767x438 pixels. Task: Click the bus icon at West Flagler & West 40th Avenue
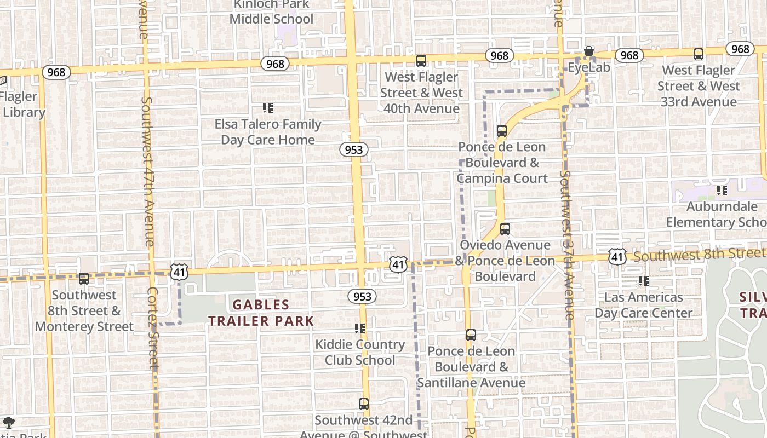coord(421,61)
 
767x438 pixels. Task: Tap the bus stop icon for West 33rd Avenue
coord(698,54)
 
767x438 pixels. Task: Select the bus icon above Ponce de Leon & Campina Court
coord(501,131)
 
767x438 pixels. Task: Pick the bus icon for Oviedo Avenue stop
coord(505,229)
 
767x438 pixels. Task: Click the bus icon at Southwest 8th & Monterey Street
coord(83,279)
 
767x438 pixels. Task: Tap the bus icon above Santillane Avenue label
coord(471,335)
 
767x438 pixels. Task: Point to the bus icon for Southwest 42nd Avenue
coord(363,404)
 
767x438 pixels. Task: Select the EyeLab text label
coord(589,68)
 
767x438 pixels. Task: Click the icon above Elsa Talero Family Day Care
coord(267,108)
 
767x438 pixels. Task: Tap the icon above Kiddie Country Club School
coord(359,328)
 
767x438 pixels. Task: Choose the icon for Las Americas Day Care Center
coord(643,281)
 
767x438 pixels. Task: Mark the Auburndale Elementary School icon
coord(722,191)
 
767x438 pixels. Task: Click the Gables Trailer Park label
coord(261,313)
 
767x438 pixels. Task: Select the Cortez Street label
coord(153,328)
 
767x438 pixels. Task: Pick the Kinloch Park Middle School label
coord(271,12)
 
